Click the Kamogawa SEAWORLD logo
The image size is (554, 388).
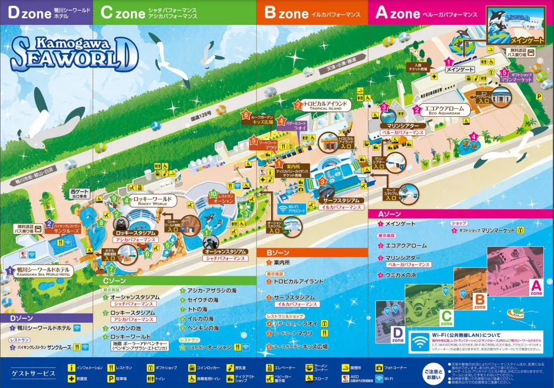coord(73,53)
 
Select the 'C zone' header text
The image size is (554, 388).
coord(122,13)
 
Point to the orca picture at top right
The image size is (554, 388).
coord(509,25)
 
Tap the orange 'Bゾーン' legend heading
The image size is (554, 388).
coord(279,252)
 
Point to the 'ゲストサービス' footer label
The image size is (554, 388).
coord(33,373)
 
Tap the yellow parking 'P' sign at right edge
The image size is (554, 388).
coord(538,96)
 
